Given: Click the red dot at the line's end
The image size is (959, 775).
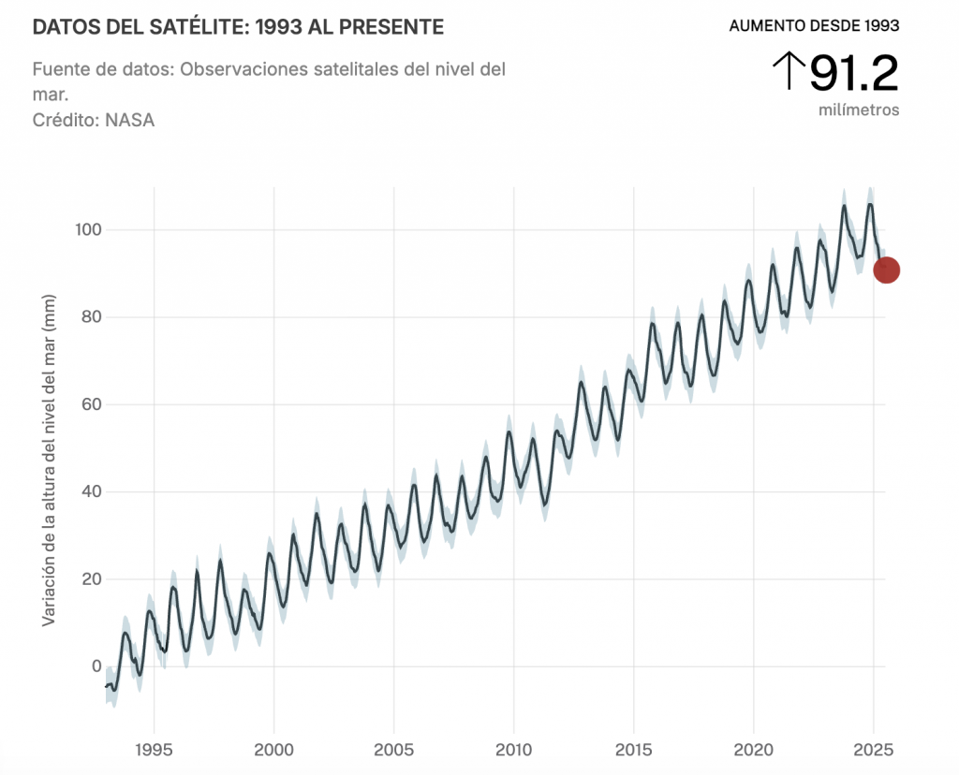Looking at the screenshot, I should tap(886, 271).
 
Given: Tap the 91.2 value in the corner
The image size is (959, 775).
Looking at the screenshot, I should tap(853, 74).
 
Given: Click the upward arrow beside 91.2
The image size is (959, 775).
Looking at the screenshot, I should tap(789, 71).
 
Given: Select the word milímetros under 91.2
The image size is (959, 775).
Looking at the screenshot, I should tap(859, 110).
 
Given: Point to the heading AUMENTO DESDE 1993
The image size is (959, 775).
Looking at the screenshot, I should tap(814, 25).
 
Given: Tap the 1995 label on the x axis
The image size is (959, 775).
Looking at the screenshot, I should tap(154, 750).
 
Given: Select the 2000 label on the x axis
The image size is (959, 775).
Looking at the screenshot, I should tap(273, 750).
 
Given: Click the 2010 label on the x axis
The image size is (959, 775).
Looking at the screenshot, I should tap(513, 750).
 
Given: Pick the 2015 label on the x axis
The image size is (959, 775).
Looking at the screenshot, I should tap(633, 750).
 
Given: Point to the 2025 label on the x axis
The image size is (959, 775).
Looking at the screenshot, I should tap(873, 750).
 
